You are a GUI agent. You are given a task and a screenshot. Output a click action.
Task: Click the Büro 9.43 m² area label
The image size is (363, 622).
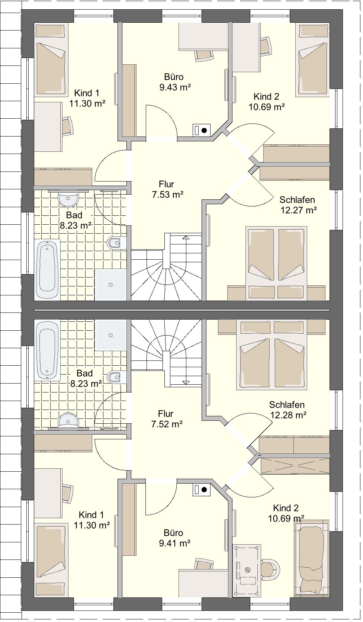175,82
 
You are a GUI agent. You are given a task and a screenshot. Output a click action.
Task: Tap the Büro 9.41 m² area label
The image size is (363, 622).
174,538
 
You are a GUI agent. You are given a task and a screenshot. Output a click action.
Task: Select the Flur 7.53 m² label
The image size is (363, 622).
167,189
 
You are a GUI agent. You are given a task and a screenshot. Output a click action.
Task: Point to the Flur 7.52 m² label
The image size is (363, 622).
167,419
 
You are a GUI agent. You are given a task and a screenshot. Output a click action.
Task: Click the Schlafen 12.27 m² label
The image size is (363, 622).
298,205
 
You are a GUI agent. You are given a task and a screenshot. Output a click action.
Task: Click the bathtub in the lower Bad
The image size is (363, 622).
47,350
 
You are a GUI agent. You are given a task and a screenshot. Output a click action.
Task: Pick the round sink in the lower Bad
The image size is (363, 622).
68,420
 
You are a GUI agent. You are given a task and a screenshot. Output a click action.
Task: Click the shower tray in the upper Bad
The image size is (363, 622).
110,285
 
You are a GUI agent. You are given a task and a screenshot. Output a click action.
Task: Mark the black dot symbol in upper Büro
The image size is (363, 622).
204,130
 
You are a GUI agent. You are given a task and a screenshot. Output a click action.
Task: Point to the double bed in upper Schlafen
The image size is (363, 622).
276,263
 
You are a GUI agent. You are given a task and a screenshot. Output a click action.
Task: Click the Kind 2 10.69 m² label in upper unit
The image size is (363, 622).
266,102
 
